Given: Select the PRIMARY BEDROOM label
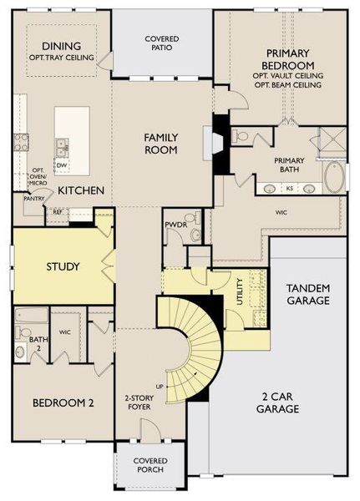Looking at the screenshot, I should [x=287, y=58].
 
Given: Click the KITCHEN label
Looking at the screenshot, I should [x=81, y=191].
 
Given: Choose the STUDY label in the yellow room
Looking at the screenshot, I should [x=63, y=266].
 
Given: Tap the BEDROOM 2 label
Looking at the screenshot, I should [x=63, y=402].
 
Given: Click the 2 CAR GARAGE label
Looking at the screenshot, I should [x=277, y=404].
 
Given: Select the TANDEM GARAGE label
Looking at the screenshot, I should [x=307, y=294].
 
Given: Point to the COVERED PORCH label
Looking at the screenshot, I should [x=150, y=466].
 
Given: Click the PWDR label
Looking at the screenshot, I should [x=175, y=225].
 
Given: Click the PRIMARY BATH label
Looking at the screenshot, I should [x=289, y=164].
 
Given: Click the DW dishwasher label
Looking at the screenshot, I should [x=62, y=165].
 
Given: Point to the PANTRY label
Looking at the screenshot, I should [x=34, y=199].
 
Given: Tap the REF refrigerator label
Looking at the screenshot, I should [x=58, y=212].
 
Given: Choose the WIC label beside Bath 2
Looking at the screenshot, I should [x=63, y=332].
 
